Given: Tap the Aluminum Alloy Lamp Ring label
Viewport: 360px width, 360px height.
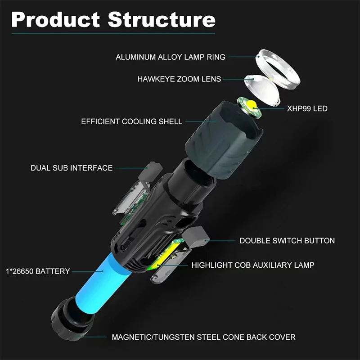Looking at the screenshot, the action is [171, 57].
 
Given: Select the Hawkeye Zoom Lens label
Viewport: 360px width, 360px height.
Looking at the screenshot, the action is [179, 79].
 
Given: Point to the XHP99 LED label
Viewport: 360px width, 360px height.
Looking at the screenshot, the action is [307, 108].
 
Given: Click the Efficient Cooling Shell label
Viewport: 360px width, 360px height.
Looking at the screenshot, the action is [131, 121].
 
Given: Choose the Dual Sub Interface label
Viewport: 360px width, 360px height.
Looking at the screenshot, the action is [72, 168].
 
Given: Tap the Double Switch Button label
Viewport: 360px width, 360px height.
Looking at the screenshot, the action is [287, 241].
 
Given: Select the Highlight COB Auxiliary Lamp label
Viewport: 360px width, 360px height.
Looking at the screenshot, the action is [253, 265].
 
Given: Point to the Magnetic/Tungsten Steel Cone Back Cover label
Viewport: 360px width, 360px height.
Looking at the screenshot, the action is [203, 337].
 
